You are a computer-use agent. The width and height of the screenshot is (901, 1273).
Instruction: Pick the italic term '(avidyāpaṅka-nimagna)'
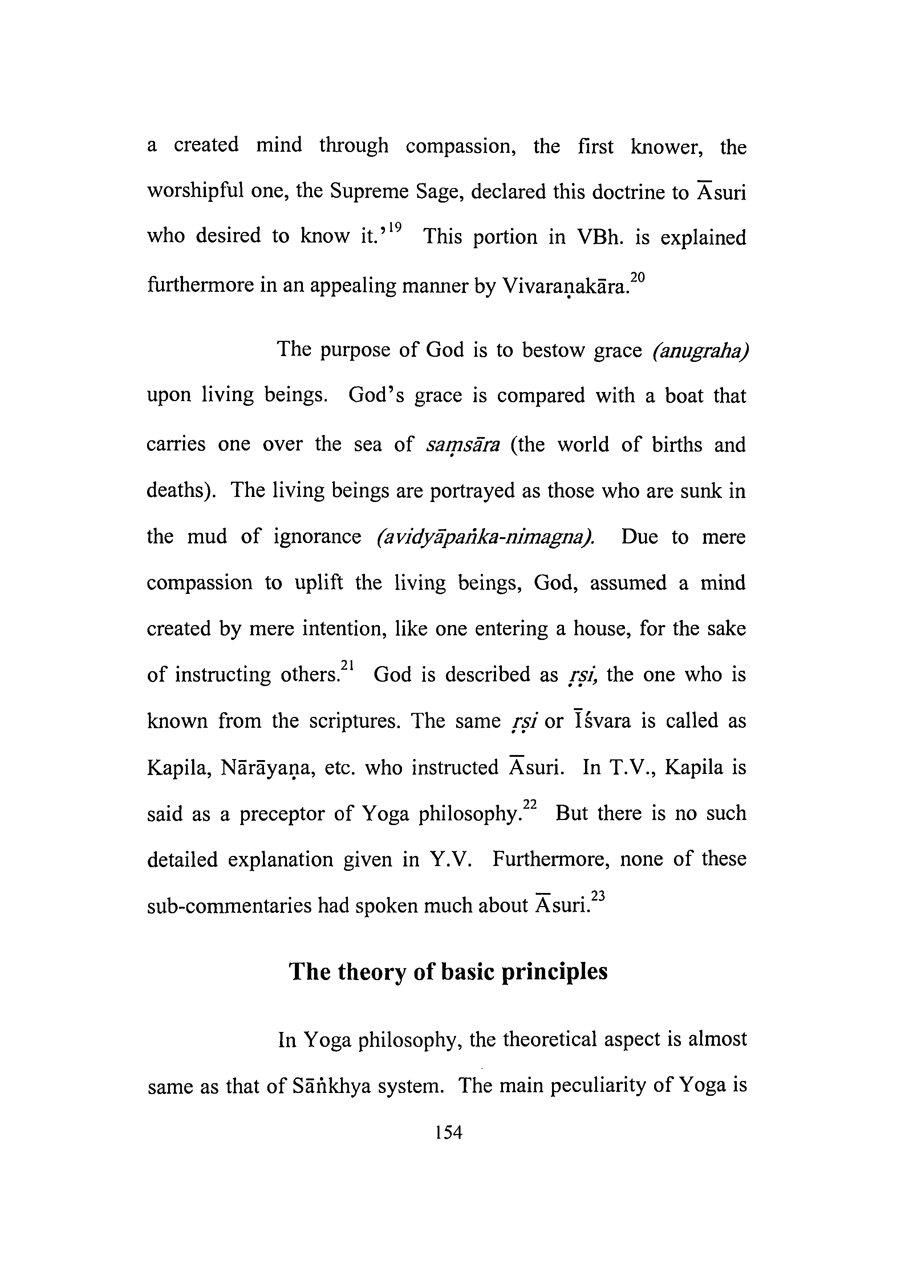tap(485, 537)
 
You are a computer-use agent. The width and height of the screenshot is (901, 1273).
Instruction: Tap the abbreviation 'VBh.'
tap(600, 237)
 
